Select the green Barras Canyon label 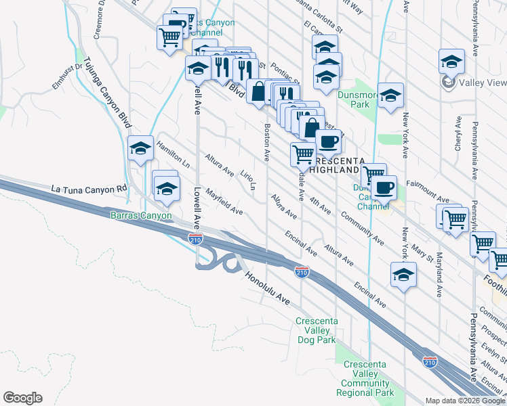point(141,216)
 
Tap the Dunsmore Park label point(354,99)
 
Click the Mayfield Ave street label point(224,202)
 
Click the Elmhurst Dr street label point(66,76)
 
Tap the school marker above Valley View point(451,62)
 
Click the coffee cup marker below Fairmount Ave point(384,187)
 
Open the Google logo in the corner point(22,398)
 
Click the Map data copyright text point(466,401)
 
